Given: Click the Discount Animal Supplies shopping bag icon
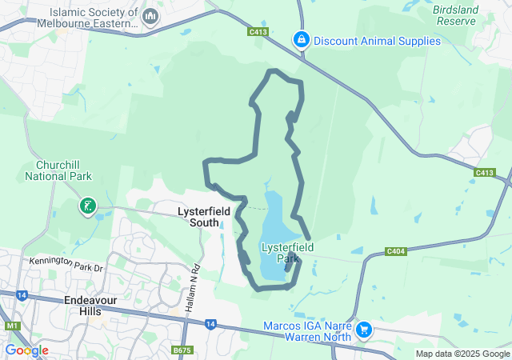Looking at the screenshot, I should pyautogui.click(x=301, y=38).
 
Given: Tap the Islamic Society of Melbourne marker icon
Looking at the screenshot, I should pyautogui.click(x=150, y=16).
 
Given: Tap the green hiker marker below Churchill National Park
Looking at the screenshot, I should pyautogui.click(x=87, y=207).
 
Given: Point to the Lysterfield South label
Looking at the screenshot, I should pyautogui.click(x=203, y=216).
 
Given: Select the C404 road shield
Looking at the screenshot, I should pyautogui.click(x=396, y=251).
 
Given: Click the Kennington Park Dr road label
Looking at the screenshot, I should pyautogui.click(x=67, y=263).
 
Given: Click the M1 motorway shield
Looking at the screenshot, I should pyautogui.click(x=12, y=326).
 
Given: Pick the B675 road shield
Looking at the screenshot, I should pyautogui.click(x=182, y=350).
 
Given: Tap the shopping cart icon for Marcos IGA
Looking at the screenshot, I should pyautogui.click(x=364, y=329).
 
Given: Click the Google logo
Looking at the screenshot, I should pyautogui.click(x=26, y=350).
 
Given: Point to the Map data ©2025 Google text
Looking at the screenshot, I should pyautogui.click(x=462, y=354).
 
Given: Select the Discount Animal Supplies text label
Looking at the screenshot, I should pyautogui.click(x=376, y=40).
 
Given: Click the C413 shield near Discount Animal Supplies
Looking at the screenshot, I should pyautogui.click(x=258, y=33).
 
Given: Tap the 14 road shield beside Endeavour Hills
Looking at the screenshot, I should pyautogui.click(x=22, y=295).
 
